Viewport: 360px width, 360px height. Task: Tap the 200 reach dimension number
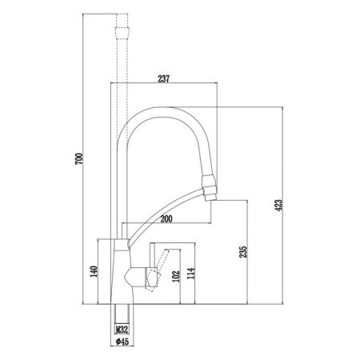pos(167,218)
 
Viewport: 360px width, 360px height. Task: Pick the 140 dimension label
pos(94,272)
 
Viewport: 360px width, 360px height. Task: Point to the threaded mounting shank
pos(122,312)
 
